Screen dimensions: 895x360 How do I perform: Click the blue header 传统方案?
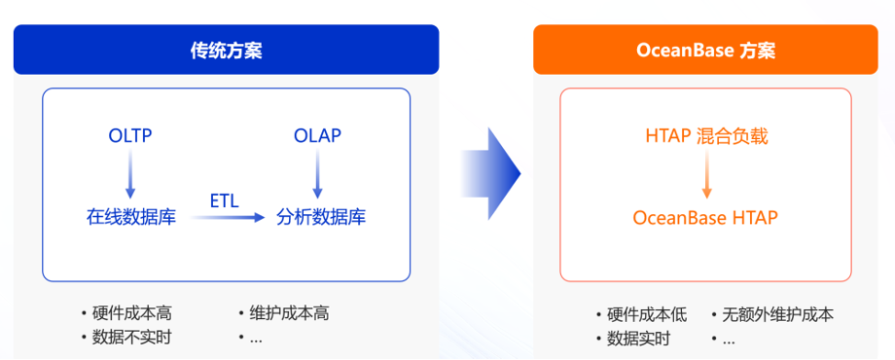click(x=226, y=50)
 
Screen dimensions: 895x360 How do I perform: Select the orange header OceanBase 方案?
click(x=705, y=50)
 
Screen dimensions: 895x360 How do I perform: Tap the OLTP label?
click(x=130, y=136)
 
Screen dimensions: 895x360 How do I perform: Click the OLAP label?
click(x=317, y=136)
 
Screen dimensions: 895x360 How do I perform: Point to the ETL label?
click(x=225, y=200)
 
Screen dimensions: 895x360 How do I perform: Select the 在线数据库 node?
click(x=131, y=217)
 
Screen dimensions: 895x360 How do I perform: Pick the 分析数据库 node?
click(x=321, y=217)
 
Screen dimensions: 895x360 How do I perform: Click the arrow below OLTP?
click(x=130, y=173)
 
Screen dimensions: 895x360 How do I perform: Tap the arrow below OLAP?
click(x=318, y=173)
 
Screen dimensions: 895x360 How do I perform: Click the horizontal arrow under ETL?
click(x=228, y=217)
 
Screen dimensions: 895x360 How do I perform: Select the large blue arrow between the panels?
click(x=491, y=173)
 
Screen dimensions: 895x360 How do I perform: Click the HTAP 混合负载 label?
click(x=706, y=136)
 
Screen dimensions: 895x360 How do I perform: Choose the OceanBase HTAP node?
click(x=705, y=217)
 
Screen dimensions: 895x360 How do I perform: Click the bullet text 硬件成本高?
click(x=132, y=313)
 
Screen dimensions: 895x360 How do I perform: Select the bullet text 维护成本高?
click(x=289, y=313)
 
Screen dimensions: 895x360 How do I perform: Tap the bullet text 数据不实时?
click(x=132, y=338)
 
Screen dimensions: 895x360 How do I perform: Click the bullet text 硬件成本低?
click(x=647, y=314)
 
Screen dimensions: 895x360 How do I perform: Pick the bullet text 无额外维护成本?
click(x=778, y=314)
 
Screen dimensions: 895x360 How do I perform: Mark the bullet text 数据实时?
click(x=639, y=339)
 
